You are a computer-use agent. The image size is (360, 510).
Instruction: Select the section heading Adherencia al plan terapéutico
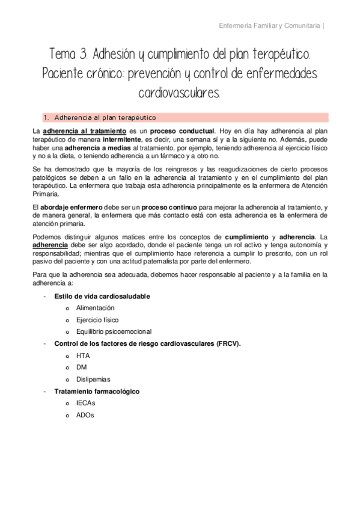pos(105,117)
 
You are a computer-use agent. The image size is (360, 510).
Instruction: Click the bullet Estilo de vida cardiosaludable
pos(102,296)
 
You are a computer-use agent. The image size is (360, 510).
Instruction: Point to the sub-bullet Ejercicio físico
pos(97,320)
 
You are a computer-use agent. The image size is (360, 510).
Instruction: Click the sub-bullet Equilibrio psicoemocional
pos(114,331)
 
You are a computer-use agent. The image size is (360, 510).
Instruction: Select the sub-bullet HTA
pos(83,355)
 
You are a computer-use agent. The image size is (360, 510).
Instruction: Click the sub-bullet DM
pos(81,367)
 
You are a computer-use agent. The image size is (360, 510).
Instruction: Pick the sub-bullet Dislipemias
pos(93,379)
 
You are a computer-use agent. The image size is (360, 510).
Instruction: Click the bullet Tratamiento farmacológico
pos(97,391)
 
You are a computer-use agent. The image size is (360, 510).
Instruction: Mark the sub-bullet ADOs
pos(85,414)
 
